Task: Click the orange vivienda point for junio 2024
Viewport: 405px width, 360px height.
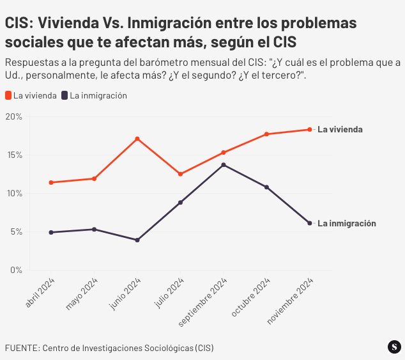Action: [137, 139]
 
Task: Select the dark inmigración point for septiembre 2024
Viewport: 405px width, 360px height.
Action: [224, 165]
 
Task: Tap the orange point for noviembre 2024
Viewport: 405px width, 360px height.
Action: [310, 130]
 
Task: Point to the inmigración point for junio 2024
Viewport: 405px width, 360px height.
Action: [137, 240]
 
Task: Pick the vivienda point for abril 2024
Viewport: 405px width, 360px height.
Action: [51, 183]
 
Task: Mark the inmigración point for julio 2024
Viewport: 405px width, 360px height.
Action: [181, 203]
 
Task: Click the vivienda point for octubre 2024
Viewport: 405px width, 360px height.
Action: [266, 134]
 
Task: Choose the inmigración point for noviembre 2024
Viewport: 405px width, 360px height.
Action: [310, 223]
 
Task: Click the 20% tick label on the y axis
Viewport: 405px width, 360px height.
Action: [13, 117]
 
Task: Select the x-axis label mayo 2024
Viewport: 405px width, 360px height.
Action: [82, 294]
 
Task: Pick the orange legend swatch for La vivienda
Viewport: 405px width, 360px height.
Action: [8, 96]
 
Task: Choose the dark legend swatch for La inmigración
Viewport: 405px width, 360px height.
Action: [65, 96]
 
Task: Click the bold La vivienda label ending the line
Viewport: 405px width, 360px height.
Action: [340, 129]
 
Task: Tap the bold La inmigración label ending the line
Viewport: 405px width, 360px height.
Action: [347, 224]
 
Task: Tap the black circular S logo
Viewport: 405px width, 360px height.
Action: [394, 347]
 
